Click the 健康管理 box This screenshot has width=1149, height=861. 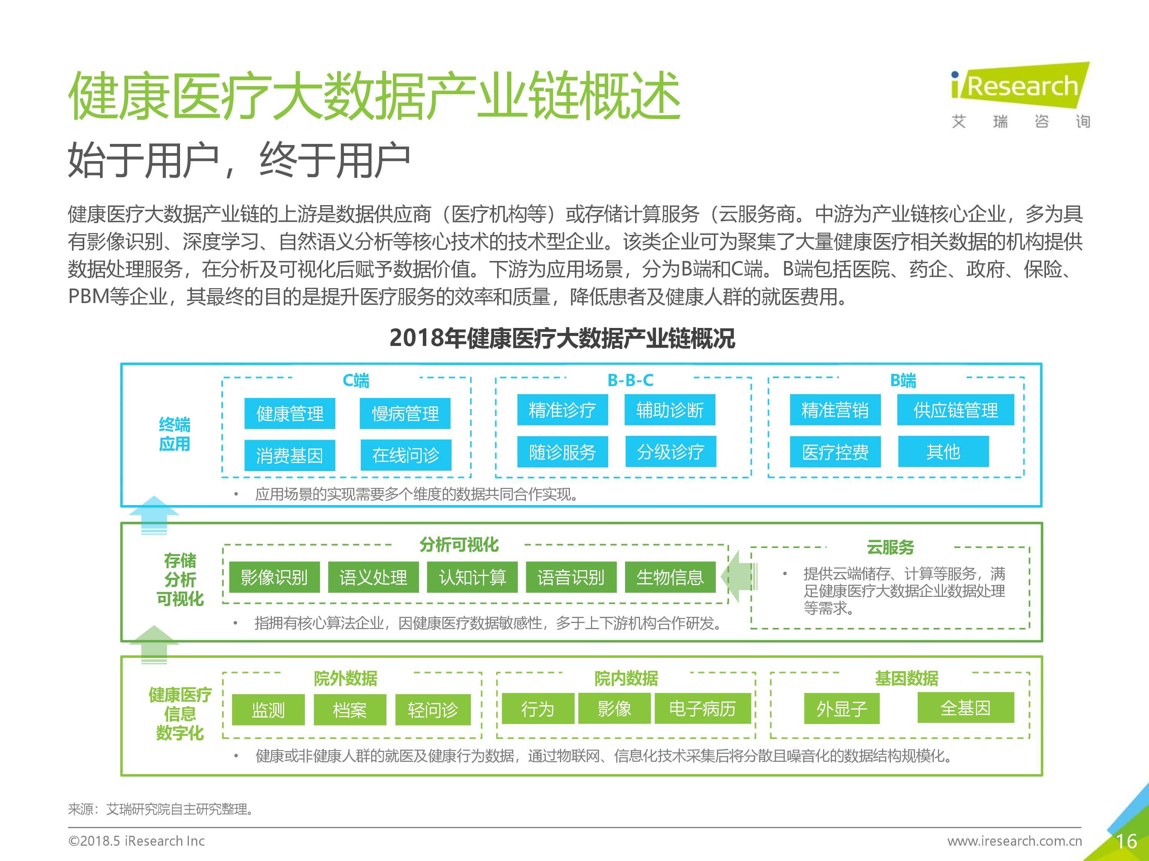coord(290,414)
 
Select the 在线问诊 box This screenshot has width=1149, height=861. coord(406,455)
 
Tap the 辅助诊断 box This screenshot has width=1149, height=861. coord(669,410)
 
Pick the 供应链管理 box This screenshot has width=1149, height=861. coord(955,410)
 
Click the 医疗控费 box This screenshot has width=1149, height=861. coord(835,452)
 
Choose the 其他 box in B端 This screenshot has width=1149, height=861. coord(943,452)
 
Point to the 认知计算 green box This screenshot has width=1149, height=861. coord(472,577)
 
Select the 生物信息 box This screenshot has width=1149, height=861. coord(669,577)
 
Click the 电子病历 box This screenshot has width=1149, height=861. coord(702,708)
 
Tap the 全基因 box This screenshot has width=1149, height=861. coord(966,708)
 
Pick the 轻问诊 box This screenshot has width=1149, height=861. coord(433,709)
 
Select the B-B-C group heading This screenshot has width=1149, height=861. coord(630,380)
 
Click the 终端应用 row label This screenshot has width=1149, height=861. coord(175,434)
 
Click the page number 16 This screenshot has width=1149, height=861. coord(1126,841)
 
